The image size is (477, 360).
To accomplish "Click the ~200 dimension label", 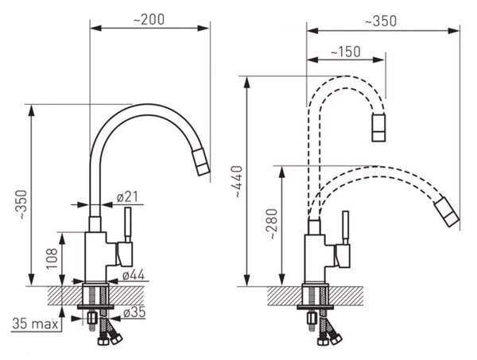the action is click(x=149, y=20).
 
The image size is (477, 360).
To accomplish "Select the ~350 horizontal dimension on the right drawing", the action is click(x=381, y=21).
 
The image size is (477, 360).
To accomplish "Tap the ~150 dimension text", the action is click(x=346, y=52).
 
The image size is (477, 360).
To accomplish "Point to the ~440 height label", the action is click(x=238, y=181).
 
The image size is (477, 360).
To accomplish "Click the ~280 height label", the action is click(x=272, y=224).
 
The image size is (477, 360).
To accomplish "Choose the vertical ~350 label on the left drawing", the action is click(x=24, y=204).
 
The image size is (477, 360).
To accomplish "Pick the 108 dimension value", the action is click(x=52, y=258).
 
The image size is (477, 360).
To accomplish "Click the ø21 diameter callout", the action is click(x=127, y=197).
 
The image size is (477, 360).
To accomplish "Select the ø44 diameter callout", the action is click(x=134, y=275).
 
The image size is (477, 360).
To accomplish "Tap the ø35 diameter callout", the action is click(x=134, y=312).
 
